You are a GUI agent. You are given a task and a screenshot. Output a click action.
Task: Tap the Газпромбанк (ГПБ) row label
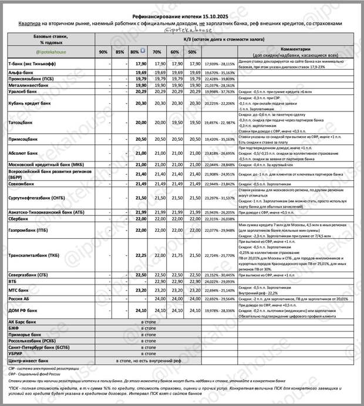(x=29, y=231)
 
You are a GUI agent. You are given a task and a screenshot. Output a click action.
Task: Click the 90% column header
(x=103, y=52)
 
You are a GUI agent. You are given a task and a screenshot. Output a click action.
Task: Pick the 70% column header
(x=157, y=52)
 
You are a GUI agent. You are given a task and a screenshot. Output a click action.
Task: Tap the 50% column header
(x=192, y=52)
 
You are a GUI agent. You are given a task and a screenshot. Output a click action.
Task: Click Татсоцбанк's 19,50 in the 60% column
(x=174, y=122)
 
